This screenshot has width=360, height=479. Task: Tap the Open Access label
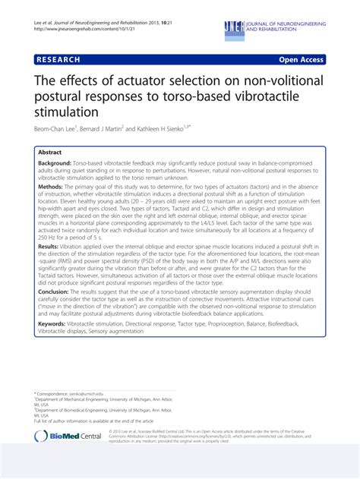[x=301, y=60]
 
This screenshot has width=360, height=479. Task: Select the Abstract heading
[x=51, y=152]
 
